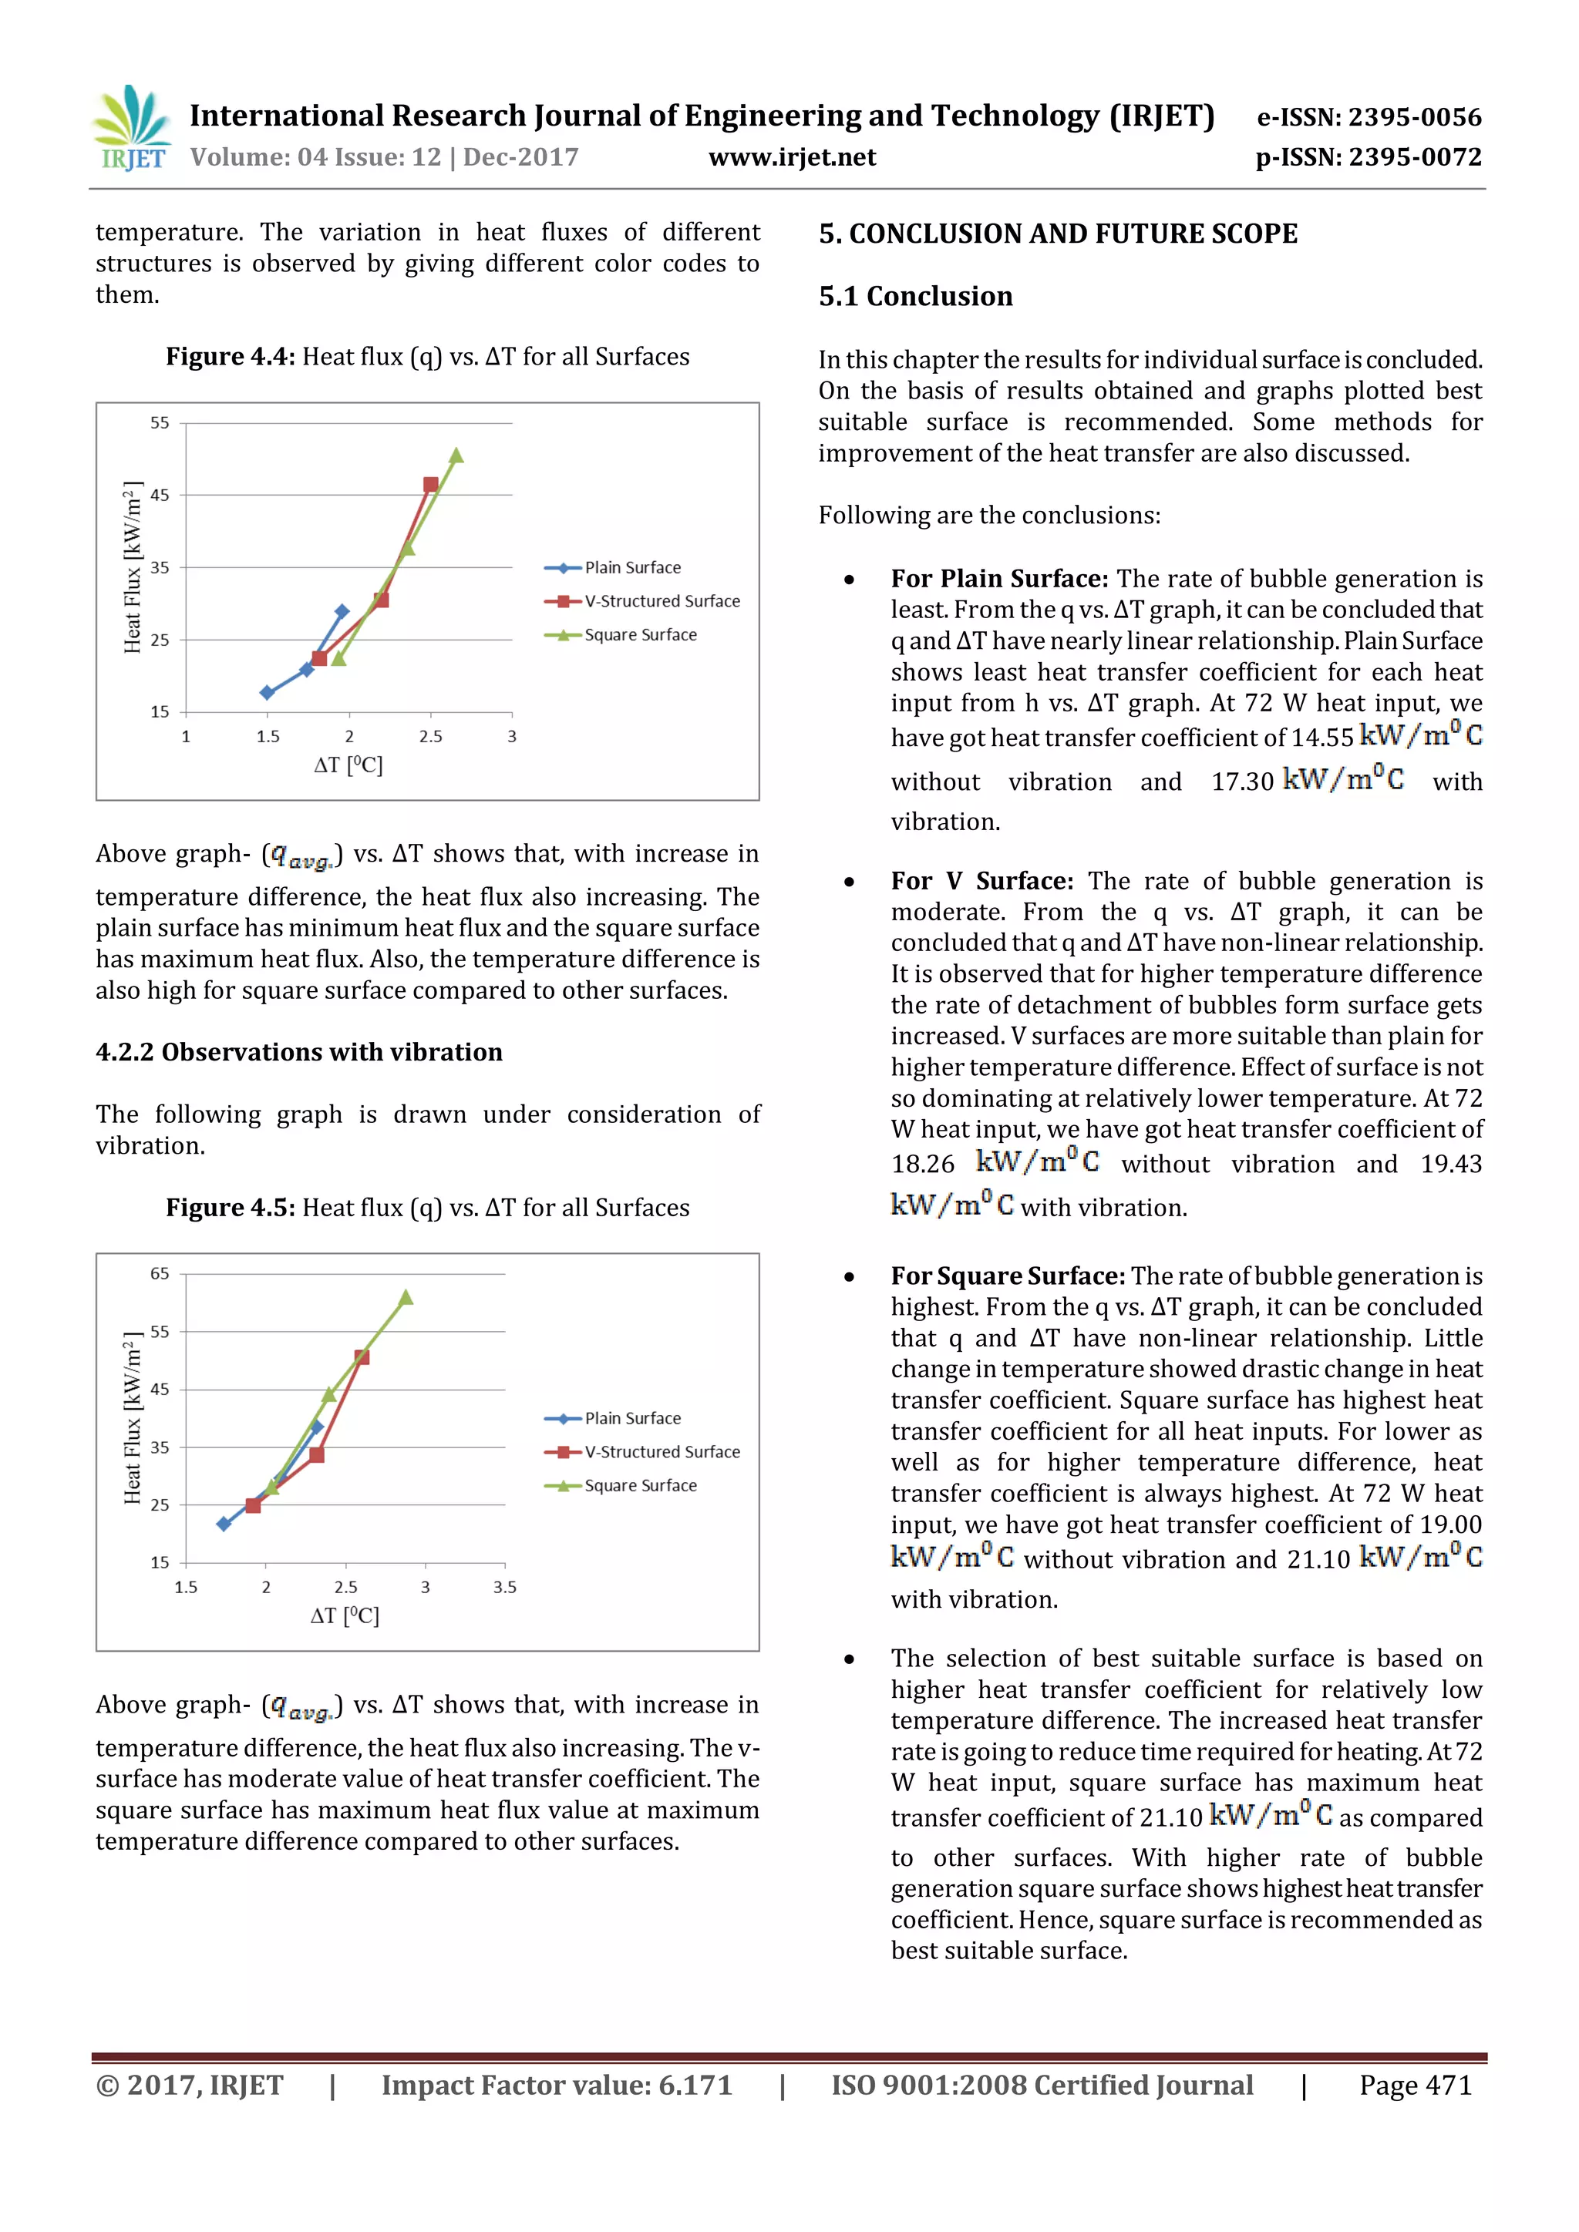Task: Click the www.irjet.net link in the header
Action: pos(792,157)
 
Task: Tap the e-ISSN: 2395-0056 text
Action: pos(1369,118)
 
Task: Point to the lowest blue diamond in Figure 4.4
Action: pos(268,692)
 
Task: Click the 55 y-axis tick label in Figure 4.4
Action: pos(160,423)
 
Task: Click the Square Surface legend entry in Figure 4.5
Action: pos(639,1485)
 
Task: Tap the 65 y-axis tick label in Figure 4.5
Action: pos(160,1273)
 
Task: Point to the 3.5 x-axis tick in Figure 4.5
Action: pos(505,1588)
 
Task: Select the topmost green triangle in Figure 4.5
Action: pos(406,1298)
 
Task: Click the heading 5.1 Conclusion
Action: pos(915,295)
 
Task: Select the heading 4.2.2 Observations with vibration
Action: pos(298,1052)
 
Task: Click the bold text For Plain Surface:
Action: pos(998,578)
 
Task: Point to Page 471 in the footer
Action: pos(1415,2086)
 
